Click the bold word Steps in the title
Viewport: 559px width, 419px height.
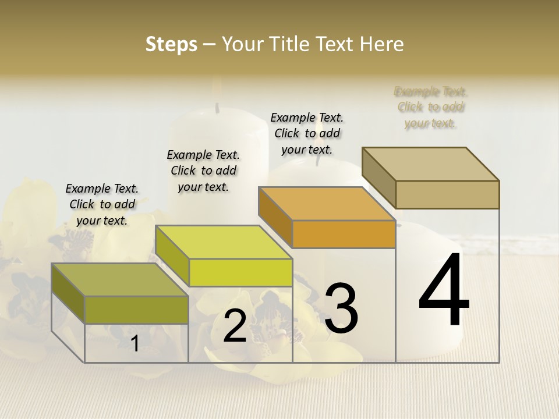coord(171,44)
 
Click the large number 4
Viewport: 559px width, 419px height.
coord(444,290)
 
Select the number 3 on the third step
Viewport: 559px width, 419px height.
coord(341,308)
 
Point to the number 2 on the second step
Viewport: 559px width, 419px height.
coord(235,326)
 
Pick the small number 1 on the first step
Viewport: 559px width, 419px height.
coord(135,344)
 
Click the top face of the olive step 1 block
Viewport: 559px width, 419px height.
coord(119,279)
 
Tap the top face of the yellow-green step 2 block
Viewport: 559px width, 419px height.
coord(224,242)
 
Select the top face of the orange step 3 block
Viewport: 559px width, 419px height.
coord(327,204)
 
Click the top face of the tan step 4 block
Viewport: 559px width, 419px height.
coord(431,164)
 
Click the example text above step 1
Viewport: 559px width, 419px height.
coord(102,204)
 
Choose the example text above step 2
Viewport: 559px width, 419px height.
coord(203,171)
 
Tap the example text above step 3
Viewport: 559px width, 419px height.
coord(307,133)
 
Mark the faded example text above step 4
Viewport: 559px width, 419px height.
coord(431,107)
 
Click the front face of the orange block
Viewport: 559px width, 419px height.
coord(344,235)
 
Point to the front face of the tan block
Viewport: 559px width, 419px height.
coord(447,194)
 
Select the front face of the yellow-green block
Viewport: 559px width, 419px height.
coord(240,272)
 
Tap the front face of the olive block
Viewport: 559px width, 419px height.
coord(137,310)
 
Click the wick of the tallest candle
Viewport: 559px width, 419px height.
coord(217,107)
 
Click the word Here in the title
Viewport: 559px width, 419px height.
coord(381,44)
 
